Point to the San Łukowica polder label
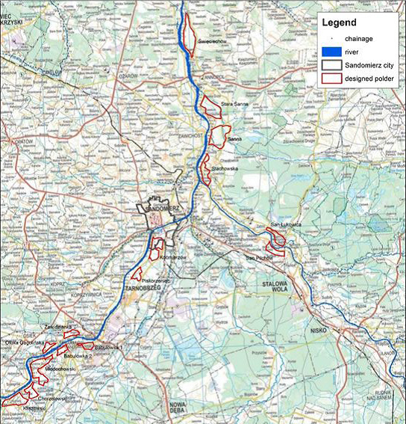(284, 224)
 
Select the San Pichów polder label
(260, 258)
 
